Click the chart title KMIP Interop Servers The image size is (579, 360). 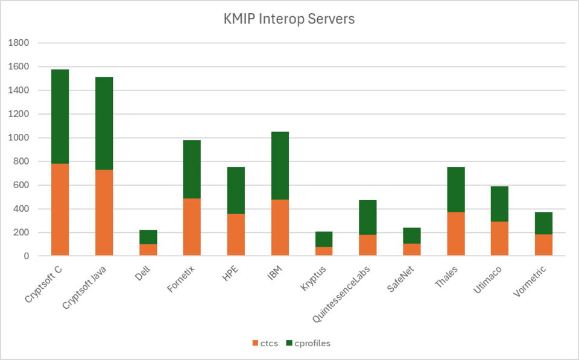[289, 19]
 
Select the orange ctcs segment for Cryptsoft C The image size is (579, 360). [60, 209]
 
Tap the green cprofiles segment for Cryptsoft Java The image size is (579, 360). [104, 124]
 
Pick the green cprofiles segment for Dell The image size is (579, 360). [148, 237]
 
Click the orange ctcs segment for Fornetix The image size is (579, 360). [192, 227]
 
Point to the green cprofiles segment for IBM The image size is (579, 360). [280, 165]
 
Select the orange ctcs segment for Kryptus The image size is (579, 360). [324, 251]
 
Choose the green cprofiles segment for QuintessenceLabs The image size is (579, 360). [368, 218]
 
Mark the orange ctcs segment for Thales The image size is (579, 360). [456, 234]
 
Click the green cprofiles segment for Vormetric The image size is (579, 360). [544, 223]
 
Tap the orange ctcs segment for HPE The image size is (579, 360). [236, 235]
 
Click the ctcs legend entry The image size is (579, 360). [265, 343]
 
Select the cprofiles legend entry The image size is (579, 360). [308, 343]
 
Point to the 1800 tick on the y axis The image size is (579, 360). [19, 43]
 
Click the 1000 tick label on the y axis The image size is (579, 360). [19, 137]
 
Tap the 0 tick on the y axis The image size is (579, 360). [26, 256]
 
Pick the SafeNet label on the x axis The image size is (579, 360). [401, 279]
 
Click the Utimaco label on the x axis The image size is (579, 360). [488, 280]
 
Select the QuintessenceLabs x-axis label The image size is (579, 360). [341, 294]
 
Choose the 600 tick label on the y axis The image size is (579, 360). [21, 185]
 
